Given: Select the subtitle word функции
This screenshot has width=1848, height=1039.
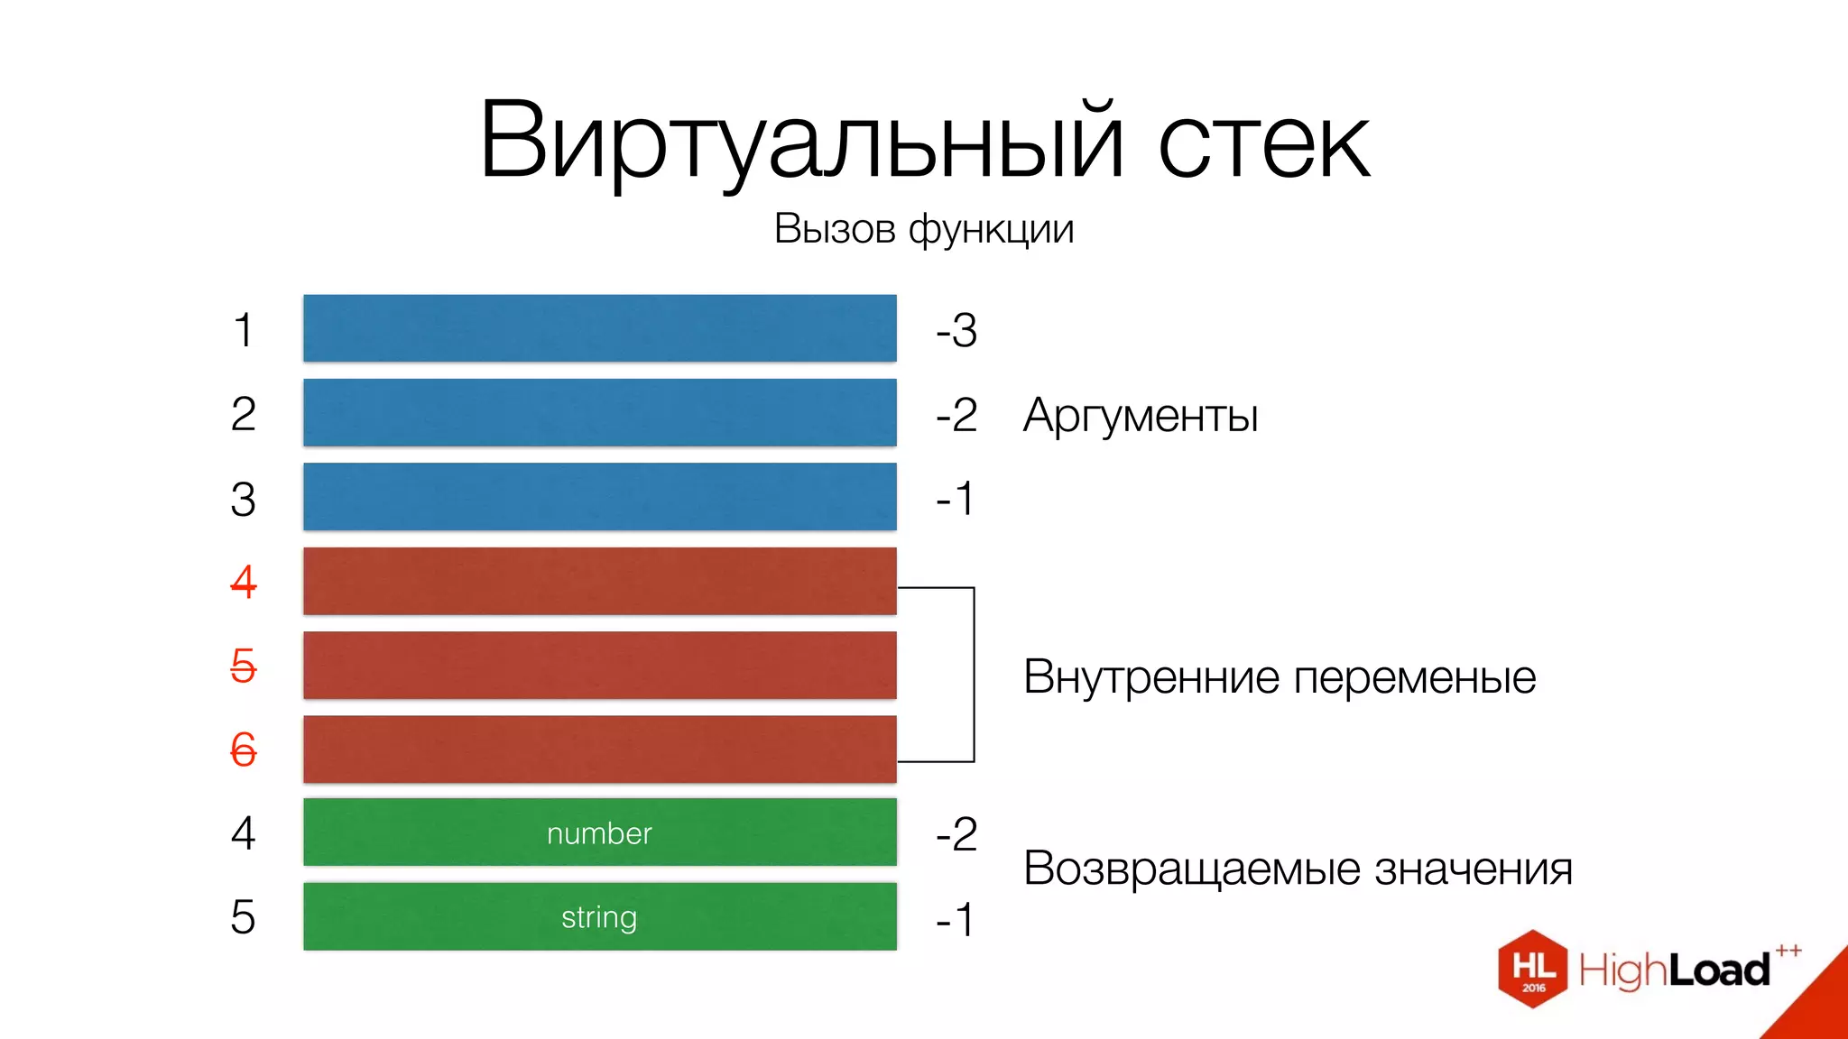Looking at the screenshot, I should tap(991, 230).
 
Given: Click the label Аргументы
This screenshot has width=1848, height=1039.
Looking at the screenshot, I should tap(1141, 416).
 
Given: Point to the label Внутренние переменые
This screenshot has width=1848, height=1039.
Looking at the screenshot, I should tap(1279, 676).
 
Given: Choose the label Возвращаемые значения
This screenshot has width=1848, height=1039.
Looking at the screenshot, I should tap(1298, 869).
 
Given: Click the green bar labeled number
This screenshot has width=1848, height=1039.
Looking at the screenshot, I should tap(599, 832).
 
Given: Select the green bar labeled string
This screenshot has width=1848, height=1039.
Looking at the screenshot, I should tap(599, 916).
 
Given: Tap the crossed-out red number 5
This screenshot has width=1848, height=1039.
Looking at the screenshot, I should tap(243, 666).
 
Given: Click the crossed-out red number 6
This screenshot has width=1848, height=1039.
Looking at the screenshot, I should tap(243, 749).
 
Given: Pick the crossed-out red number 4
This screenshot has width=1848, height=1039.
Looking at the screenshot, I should tap(243, 582).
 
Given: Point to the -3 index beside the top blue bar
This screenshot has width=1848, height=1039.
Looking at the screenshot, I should tap(956, 330).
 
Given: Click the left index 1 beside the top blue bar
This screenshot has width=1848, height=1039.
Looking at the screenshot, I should tap(243, 330).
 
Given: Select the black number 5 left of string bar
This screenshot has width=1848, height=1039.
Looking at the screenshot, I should tap(243, 917).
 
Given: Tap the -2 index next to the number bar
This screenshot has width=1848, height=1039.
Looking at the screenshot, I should tap(956, 834).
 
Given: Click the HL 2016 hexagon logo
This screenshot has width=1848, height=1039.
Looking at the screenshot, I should tap(1532, 969).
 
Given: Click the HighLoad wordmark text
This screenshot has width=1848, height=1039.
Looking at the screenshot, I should tap(1675, 970).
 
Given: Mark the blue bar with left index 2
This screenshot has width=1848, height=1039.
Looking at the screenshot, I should tap(599, 412).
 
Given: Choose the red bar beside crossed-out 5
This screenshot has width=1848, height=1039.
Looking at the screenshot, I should tap(599, 665).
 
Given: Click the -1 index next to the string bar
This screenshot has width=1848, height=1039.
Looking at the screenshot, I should tap(956, 920).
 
